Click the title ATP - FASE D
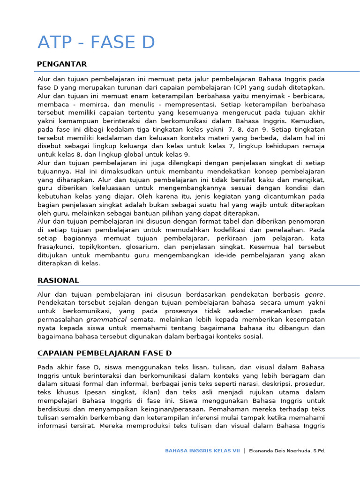pyautogui.click(x=96, y=43)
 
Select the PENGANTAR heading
pyautogui.click(x=62, y=64)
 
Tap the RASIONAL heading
pyautogui.click(x=58, y=280)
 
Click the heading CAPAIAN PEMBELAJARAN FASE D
pyautogui.click(x=105, y=352)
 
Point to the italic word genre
pyautogui.click(x=314, y=294)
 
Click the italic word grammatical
pyautogui.click(x=106, y=320)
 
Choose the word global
pyautogui.click(x=135, y=155)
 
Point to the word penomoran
pyautogui.click(x=305, y=221)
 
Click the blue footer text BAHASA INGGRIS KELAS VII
pyautogui.click(x=202, y=451)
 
